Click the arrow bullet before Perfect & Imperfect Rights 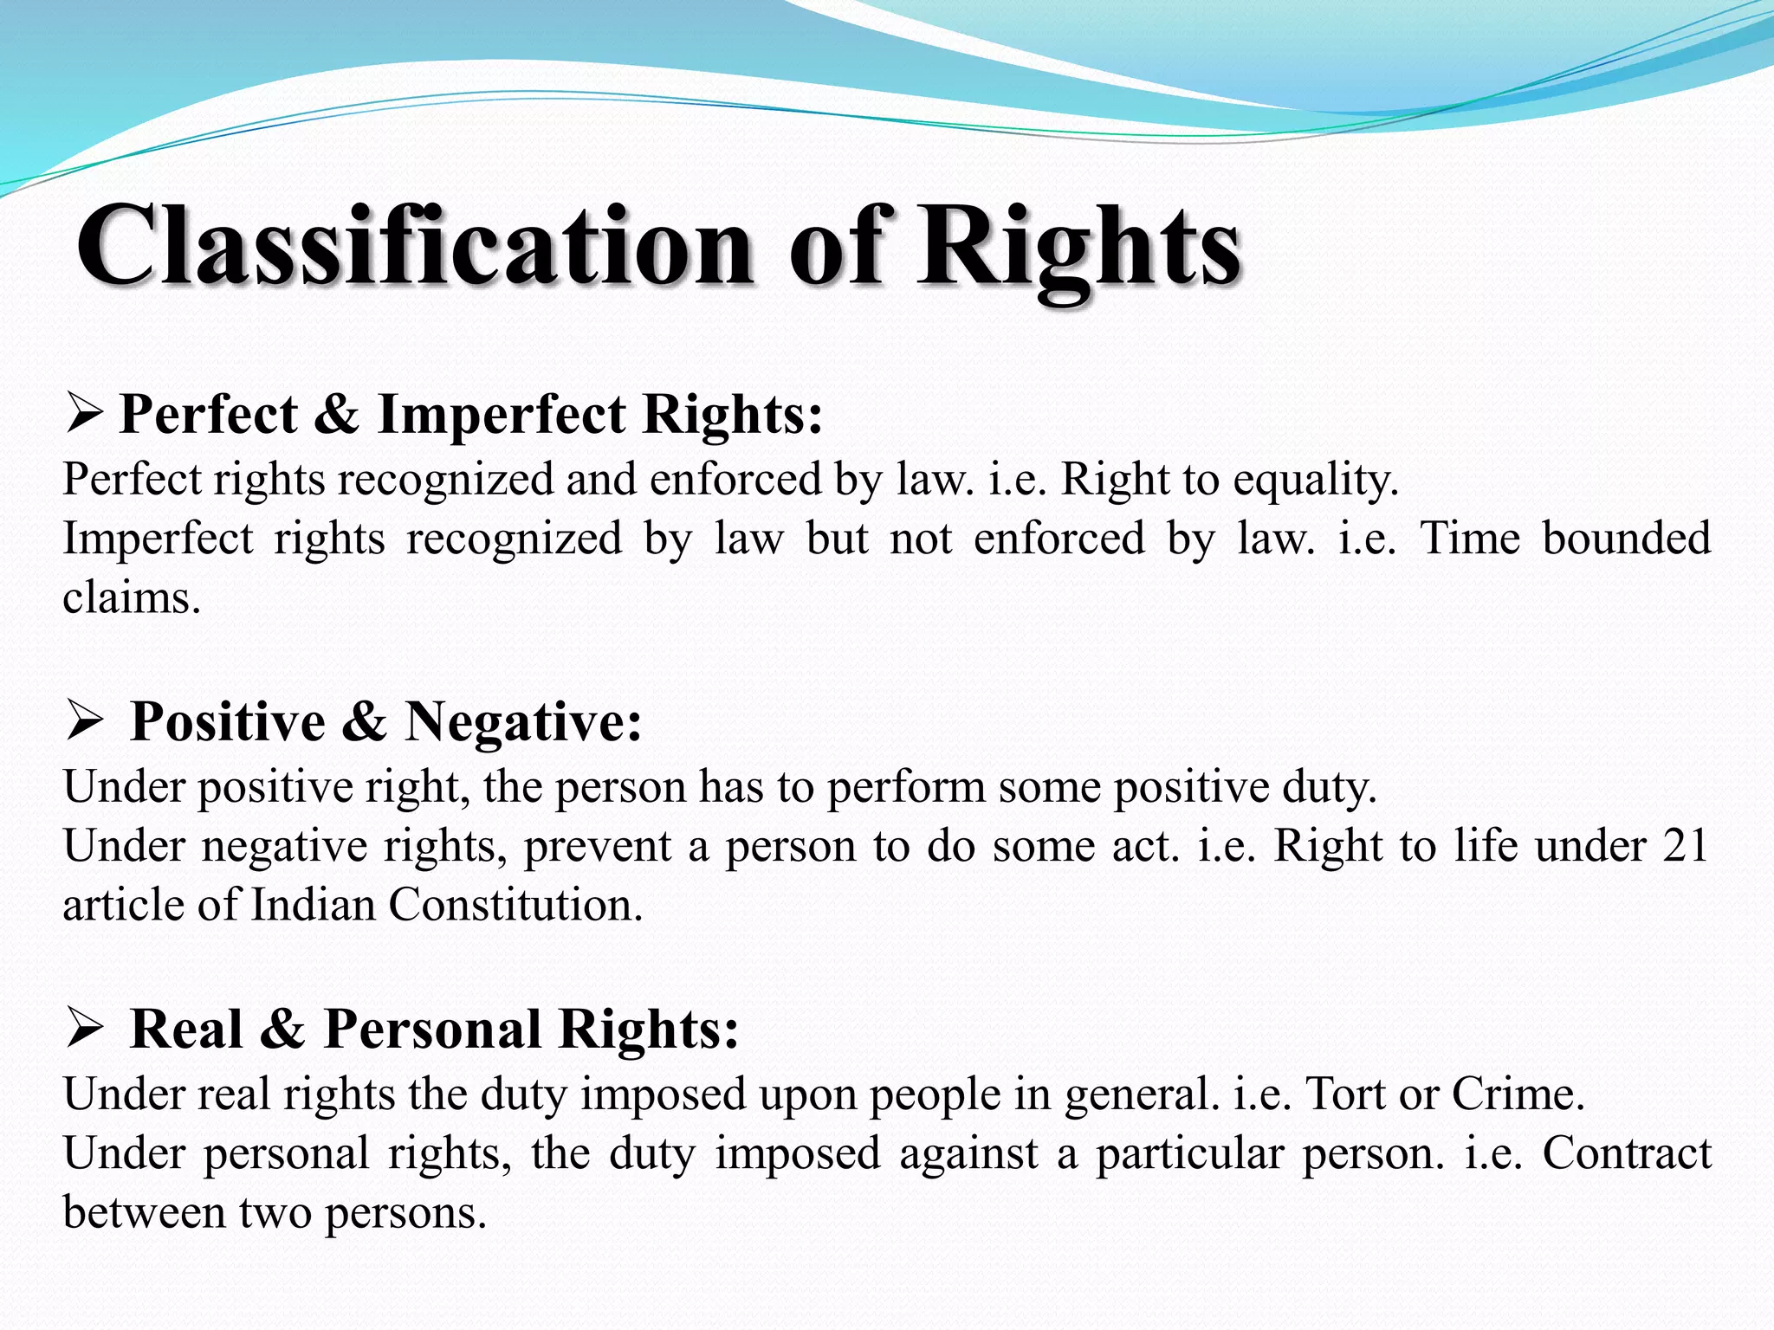coord(85,414)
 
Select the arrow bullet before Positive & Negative coord(85,721)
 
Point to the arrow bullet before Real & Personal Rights coord(85,1029)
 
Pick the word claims coord(131,597)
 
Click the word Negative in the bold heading coord(523,721)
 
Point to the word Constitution coord(515,905)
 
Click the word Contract coord(1627,1153)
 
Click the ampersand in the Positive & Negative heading coord(364,721)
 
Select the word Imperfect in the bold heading coord(502,414)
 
